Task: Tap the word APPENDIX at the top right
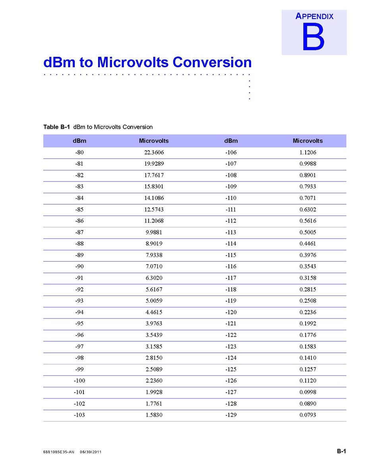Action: pos(314,17)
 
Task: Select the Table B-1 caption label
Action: pos(56,127)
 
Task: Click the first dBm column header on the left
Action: pos(79,141)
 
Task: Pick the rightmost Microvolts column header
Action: pos(308,141)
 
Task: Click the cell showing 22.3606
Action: pos(154,153)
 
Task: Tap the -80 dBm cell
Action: pos(79,153)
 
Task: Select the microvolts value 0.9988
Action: pos(308,164)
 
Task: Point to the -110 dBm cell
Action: pos(230,198)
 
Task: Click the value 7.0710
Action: pos(154,267)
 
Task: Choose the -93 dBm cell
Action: pos(79,301)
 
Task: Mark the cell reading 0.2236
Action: pos(308,312)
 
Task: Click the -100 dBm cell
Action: pos(79,381)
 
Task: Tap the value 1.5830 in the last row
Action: pos(154,415)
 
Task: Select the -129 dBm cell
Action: pos(230,415)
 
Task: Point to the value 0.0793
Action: pos(308,415)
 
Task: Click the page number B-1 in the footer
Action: pos(341,451)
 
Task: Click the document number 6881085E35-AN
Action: pos(58,452)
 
